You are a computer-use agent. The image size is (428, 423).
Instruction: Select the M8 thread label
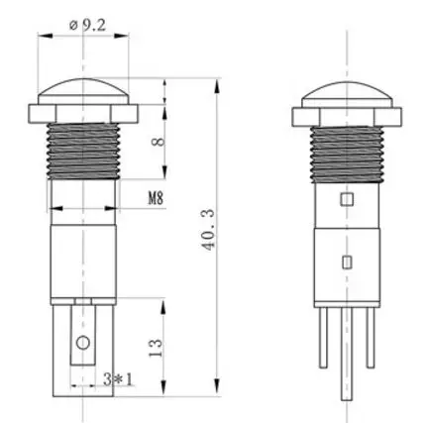click(156, 197)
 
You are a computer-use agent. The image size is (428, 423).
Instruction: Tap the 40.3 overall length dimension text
click(209, 236)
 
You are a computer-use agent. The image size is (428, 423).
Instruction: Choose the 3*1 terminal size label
click(117, 378)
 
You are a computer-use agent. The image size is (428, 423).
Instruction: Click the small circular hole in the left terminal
click(84, 344)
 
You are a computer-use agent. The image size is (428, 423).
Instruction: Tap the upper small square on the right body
click(346, 200)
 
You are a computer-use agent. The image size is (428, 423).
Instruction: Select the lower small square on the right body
click(346, 262)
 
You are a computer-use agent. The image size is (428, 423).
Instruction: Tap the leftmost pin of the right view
click(325, 342)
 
